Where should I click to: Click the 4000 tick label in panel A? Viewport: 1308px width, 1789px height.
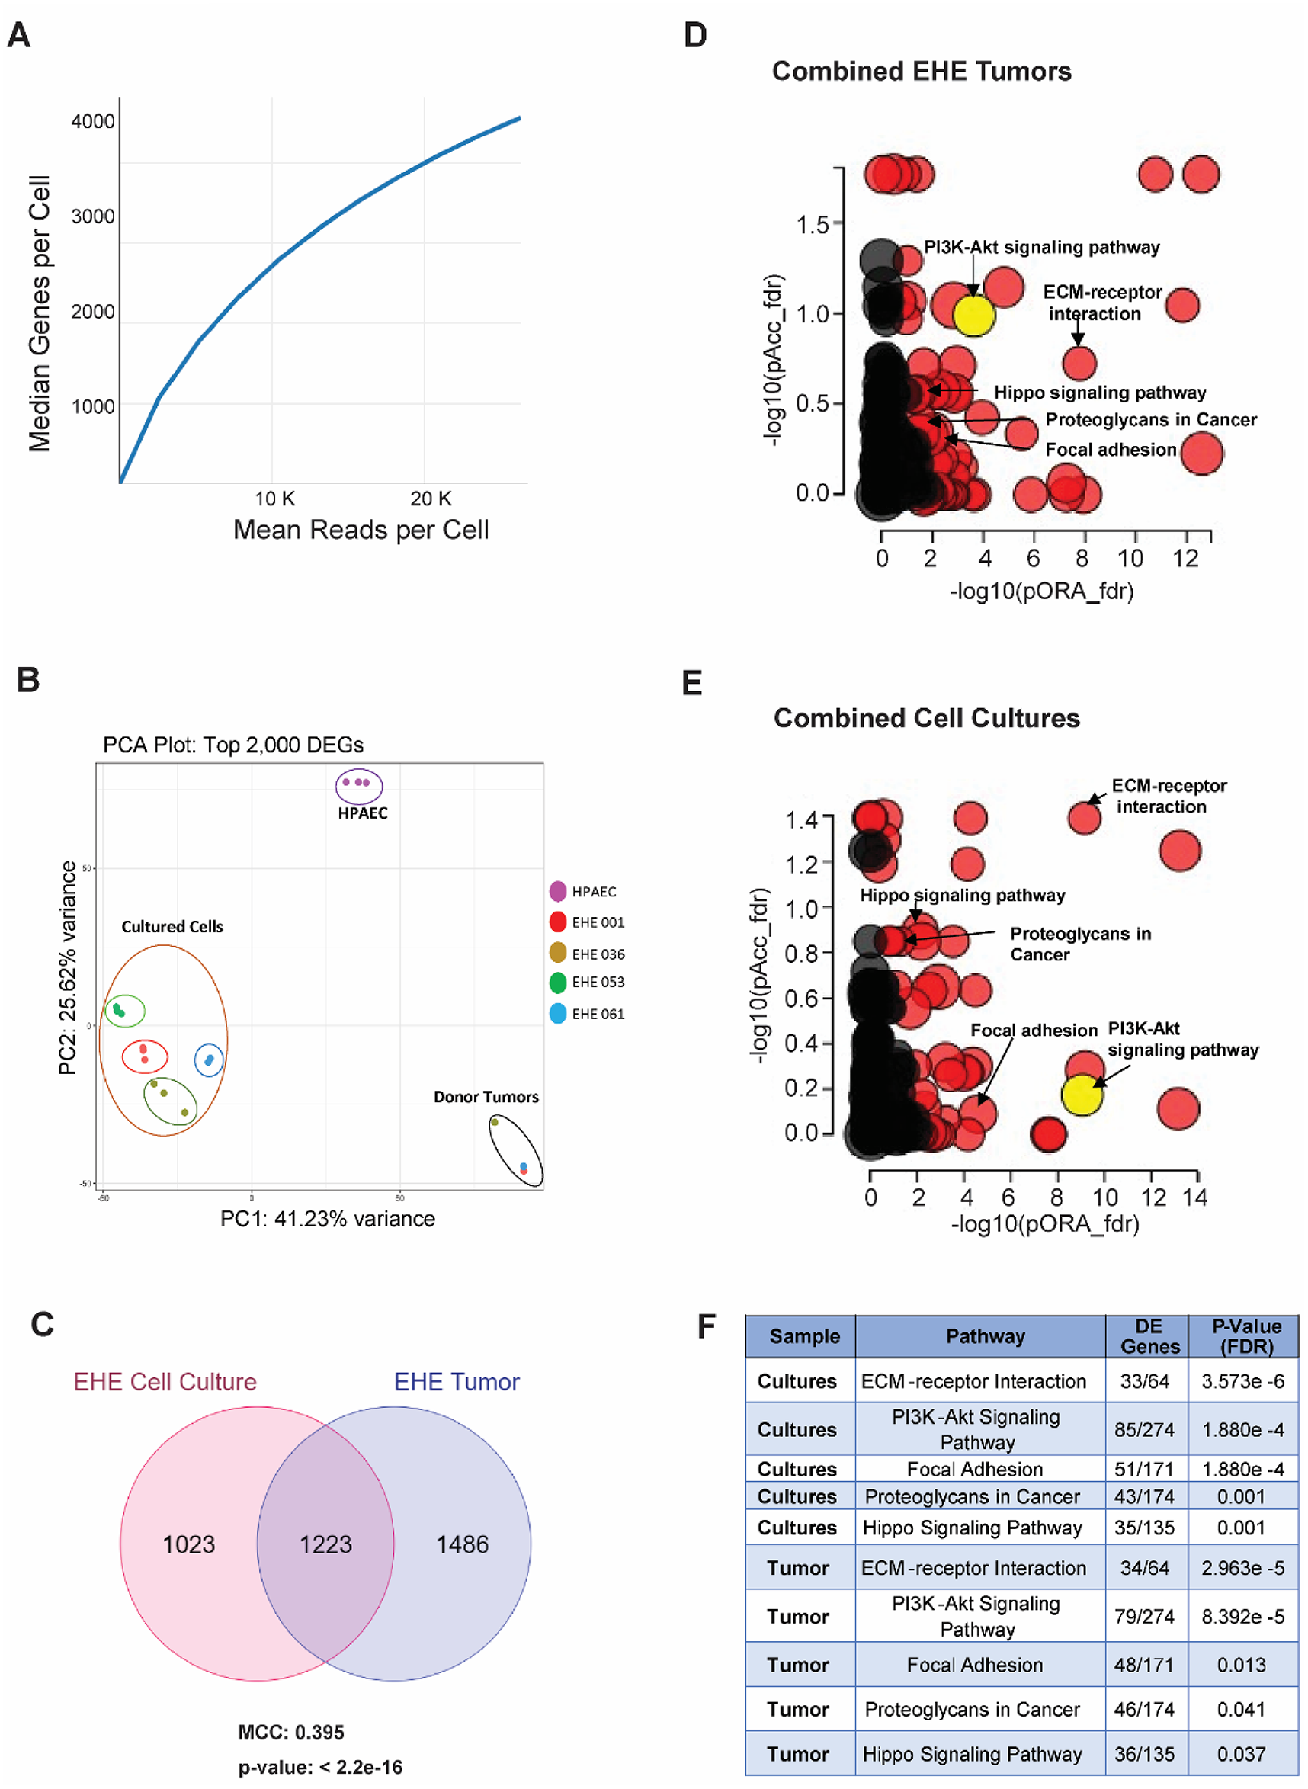pyautogui.click(x=93, y=121)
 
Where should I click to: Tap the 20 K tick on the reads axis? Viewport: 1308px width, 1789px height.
pyautogui.click(x=431, y=499)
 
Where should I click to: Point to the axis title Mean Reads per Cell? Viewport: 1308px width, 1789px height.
pyautogui.click(x=361, y=530)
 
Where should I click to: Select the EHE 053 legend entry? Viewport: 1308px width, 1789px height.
pyautogui.click(x=598, y=983)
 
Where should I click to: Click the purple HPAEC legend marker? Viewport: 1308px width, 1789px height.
pyautogui.click(x=558, y=891)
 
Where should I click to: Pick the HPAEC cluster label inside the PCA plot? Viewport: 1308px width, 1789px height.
pyautogui.click(x=363, y=813)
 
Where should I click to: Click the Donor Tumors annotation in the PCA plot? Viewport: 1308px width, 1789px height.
pyautogui.click(x=486, y=1097)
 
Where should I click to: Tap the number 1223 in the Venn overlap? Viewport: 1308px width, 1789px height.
pyautogui.click(x=325, y=1544)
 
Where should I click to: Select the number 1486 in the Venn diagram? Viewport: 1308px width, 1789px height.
pyautogui.click(x=463, y=1544)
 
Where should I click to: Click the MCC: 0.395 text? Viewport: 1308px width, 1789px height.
pyautogui.click(x=290, y=1733)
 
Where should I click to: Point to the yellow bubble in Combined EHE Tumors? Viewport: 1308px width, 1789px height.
pyautogui.click(x=973, y=314)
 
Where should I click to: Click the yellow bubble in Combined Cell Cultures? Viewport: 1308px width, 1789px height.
pyautogui.click(x=1082, y=1095)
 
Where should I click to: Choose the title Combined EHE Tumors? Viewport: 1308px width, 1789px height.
pyautogui.click(x=922, y=71)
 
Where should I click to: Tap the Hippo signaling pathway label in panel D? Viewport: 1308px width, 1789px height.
pyautogui.click(x=1100, y=393)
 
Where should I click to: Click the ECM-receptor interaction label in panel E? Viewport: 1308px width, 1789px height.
pyautogui.click(x=1169, y=796)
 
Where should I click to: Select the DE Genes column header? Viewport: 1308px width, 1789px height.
pyautogui.click(x=1149, y=1336)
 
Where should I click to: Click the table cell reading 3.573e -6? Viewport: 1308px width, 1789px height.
pyautogui.click(x=1242, y=1381)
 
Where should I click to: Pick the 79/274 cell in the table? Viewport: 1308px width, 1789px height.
pyautogui.click(x=1144, y=1617)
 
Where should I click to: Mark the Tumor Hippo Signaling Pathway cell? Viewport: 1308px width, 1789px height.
pyautogui.click(x=973, y=1754)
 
